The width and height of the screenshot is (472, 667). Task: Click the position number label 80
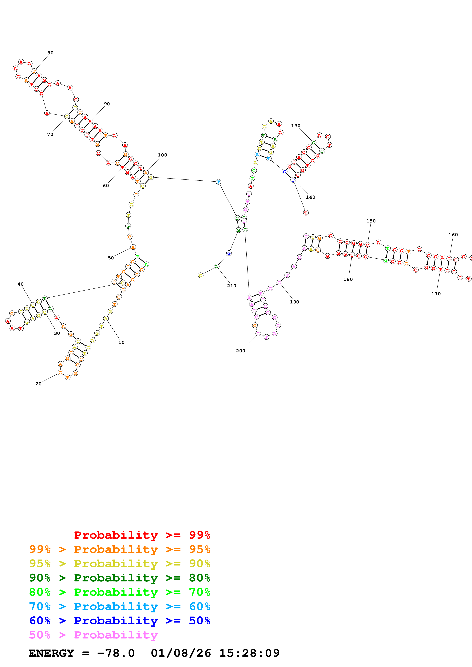(50, 53)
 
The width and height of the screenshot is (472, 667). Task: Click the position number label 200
(240, 351)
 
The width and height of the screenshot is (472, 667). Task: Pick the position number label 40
(20, 284)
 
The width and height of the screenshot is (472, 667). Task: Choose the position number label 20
(38, 384)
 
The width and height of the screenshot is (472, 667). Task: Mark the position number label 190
(294, 302)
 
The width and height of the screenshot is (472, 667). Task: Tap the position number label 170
(436, 294)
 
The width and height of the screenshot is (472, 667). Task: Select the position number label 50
(111, 258)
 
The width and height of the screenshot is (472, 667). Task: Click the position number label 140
(310, 197)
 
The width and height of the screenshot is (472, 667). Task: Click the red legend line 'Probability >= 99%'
(142, 535)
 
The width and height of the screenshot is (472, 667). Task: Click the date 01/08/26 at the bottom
(181, 653)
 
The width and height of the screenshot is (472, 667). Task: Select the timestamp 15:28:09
(249, 653)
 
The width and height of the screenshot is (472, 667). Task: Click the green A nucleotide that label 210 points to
(216, 266)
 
